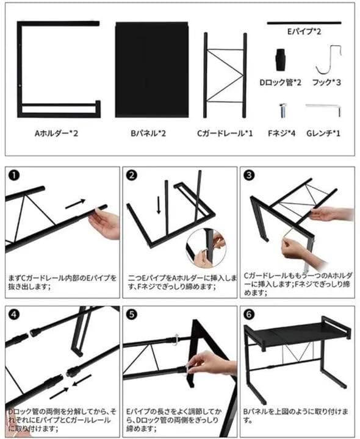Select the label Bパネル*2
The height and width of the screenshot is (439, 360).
click(151, 133)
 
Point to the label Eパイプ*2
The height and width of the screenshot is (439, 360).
click(303, 30)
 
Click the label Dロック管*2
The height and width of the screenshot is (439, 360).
click(281, 81)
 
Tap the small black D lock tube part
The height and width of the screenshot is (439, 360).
click(280, 59)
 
